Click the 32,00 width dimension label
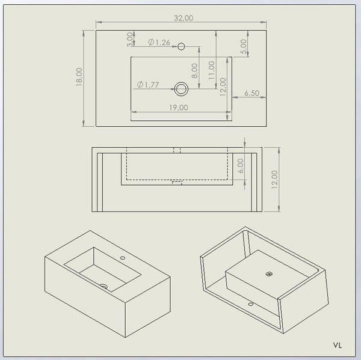184,18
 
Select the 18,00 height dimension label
79,77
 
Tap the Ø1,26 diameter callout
159,42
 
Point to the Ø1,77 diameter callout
148,85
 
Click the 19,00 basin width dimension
179,108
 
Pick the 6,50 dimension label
251,93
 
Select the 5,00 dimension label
244,46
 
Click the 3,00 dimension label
130,40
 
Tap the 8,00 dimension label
194,71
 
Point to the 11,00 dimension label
212,70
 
